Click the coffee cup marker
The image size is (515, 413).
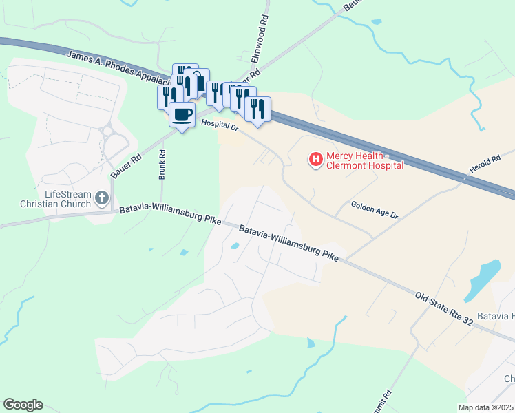[x=182, y=114]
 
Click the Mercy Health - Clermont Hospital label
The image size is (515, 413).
[x=364, y=160]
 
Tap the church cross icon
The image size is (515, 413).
[x=101, y=199]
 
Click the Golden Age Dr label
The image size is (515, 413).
[x=375, y=209]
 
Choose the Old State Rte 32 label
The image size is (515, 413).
[x=444, y=309]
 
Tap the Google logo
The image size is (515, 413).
[x=23, y=404]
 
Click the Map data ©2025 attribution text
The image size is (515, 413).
[x=485, y=407]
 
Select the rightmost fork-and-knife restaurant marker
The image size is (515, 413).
[x=257, y=109]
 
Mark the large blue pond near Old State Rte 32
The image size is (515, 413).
[x=483, y=279]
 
